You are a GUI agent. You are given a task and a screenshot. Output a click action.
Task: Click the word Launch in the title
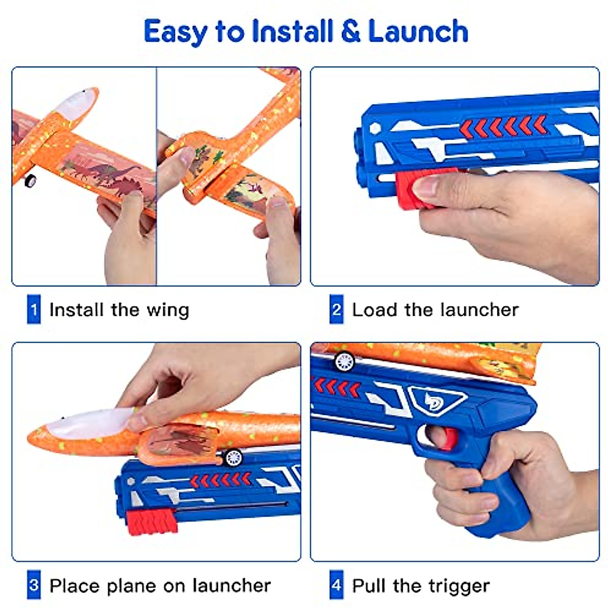[x=418, y=32]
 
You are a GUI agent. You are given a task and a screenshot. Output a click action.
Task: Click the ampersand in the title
[x=350, y=32]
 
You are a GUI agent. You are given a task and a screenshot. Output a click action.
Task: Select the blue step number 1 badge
[x=34, y=310]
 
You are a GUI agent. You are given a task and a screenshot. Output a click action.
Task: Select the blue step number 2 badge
[x=337, y=310]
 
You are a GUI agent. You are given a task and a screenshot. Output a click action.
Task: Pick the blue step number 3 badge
[x=34, y=585]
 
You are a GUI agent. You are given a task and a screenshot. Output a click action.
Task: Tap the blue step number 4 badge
[x=337, y=585]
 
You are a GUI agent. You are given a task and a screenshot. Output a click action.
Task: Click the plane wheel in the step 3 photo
[x=233, y=457]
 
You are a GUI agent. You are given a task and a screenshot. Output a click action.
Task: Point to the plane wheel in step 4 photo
[x=345, y=362]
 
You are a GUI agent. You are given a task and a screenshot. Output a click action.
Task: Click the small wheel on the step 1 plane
[x=31, y=180]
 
